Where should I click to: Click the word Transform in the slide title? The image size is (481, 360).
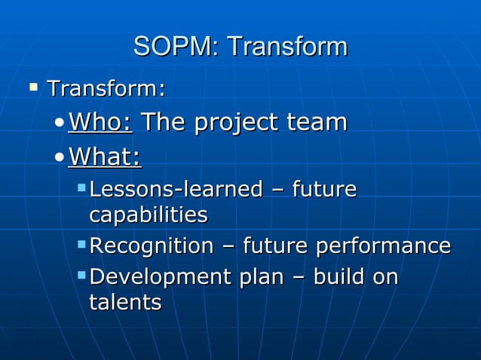point(287,47)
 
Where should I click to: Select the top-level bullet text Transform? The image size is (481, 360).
point(106,89)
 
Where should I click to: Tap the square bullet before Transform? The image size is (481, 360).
point(32,87)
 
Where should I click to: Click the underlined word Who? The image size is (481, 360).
point(100,122)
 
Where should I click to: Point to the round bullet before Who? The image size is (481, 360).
point(60,124)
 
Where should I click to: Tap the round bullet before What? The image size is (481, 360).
point(60,157)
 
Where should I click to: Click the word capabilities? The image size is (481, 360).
point(148,215)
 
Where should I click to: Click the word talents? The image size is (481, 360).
point(124,303)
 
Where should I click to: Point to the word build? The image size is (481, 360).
point(339,276)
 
